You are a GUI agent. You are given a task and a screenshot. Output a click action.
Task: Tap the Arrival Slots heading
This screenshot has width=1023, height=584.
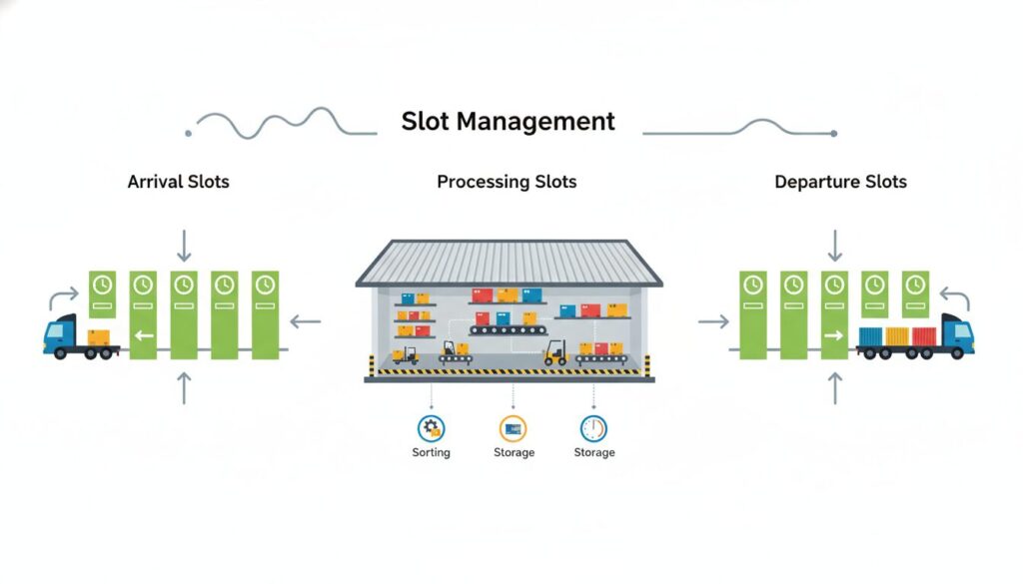178,182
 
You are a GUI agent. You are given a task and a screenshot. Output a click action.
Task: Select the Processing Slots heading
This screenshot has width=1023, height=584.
507,182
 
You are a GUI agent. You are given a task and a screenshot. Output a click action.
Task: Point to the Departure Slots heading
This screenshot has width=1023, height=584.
840,182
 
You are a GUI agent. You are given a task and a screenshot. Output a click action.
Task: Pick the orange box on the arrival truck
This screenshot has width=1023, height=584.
99,337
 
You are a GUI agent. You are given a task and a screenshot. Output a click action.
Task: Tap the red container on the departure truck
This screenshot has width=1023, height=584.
924,336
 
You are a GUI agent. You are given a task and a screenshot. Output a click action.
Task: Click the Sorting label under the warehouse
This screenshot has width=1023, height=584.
431,452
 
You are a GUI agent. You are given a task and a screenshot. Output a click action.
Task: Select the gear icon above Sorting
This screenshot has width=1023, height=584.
431,428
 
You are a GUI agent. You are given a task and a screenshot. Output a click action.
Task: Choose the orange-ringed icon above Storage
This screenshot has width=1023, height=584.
512,428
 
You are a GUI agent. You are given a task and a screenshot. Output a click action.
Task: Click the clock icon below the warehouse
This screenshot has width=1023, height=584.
593,428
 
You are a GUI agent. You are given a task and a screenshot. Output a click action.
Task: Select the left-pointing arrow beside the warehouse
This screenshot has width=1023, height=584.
305,321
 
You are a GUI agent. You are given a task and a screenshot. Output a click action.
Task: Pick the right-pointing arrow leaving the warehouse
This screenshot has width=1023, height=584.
713,321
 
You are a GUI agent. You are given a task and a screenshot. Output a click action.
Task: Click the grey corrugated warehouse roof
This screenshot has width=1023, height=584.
509,262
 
